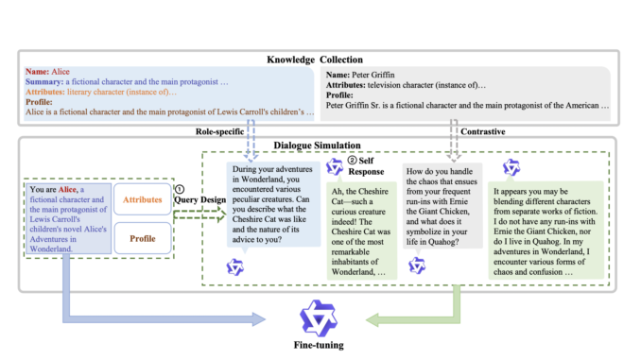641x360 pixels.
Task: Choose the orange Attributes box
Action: [143, 200]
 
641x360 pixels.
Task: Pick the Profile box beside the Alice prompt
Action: [143, 240]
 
